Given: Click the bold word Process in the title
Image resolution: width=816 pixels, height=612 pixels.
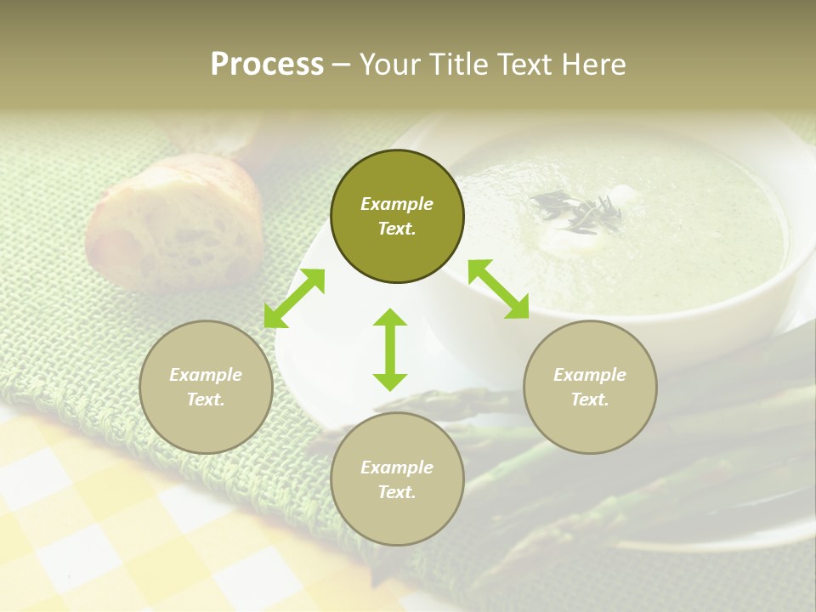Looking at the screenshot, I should [267, 65].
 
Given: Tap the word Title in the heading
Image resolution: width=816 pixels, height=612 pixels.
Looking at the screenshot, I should [458, 65].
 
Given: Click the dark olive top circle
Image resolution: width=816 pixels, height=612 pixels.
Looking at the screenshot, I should [397, 217].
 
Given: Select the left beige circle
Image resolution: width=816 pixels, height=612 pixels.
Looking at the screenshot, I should [206, 387].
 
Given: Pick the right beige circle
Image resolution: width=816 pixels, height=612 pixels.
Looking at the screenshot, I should [590, 387].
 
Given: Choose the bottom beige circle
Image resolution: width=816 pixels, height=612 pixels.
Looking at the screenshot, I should [397, 479].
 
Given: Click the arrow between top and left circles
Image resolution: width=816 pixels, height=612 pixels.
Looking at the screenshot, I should [294, 298].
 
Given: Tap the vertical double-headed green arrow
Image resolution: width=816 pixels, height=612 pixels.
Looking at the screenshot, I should [390, 349].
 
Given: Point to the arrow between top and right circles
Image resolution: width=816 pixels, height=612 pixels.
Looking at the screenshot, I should [498, 289].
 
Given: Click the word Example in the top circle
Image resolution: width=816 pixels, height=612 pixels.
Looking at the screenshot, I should [397, 204].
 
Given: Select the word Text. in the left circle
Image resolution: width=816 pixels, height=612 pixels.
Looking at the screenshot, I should [206, 399].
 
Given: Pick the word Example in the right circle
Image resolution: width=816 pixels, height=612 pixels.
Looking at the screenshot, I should [590, 375].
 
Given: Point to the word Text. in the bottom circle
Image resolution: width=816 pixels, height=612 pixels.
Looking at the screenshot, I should [397, 492].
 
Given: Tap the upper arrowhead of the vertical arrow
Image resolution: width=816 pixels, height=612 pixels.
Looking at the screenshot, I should [390, 318].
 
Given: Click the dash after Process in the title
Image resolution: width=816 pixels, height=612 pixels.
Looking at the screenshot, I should [342, 65].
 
